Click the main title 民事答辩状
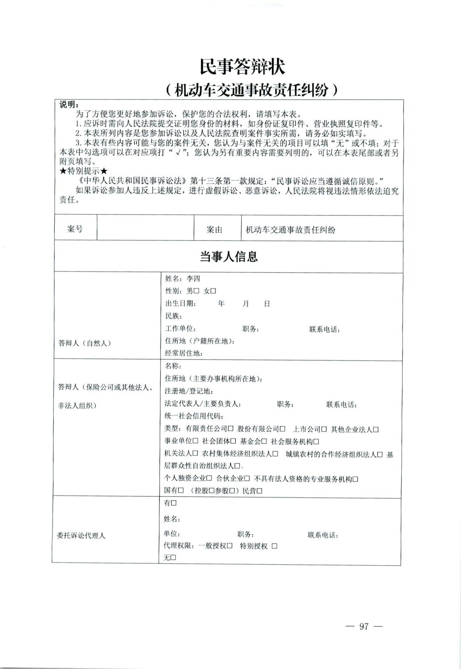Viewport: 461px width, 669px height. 242,66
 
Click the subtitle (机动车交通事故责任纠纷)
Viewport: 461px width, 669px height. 251,90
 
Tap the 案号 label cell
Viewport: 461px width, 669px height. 75,229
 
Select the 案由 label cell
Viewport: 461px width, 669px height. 214,230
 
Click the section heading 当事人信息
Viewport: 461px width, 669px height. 229,256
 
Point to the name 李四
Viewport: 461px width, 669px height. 193,279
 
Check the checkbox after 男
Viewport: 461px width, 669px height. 197,291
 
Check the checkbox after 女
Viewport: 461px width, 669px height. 213,291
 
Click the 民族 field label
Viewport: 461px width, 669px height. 173,316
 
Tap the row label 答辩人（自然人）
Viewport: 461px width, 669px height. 85,343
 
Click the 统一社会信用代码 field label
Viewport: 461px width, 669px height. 193,416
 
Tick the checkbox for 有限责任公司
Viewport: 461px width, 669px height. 230,429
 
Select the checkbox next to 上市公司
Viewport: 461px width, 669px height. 324,429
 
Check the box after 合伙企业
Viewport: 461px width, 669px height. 247,479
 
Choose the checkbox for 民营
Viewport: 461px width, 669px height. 259,491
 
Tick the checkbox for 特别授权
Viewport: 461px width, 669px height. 274,546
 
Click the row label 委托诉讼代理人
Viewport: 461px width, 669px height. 81,535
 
